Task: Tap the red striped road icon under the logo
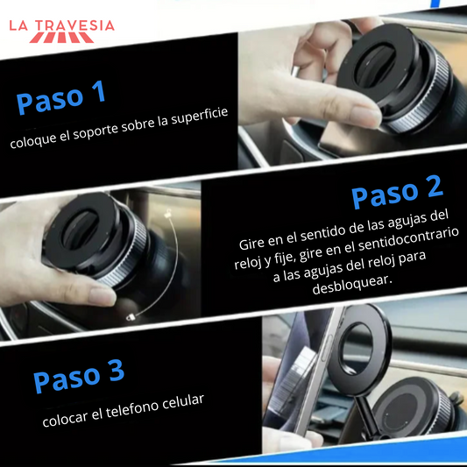click(61, 38)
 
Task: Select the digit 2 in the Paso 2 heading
click(434, 187)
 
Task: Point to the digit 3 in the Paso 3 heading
click(117, 371)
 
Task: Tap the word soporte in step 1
click(95, 131)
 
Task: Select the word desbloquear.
click(352, 284)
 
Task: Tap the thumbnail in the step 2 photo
click(102, 296)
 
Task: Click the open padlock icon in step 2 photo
click(169, 212)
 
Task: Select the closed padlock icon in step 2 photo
click(131, 318)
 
